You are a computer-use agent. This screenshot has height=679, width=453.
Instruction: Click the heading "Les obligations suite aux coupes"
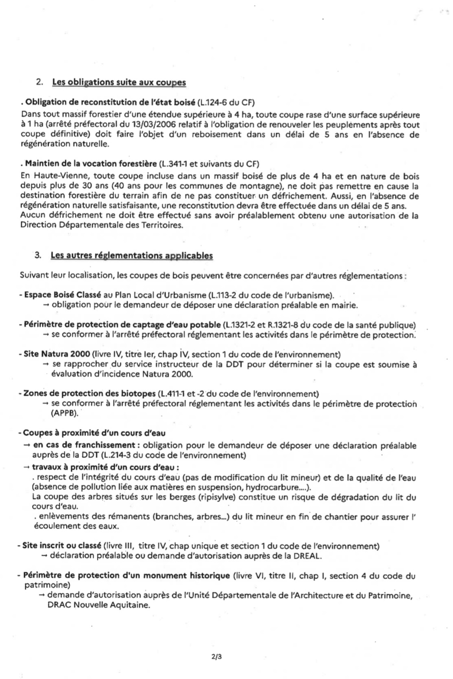119,82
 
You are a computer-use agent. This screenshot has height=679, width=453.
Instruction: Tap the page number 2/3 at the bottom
217,657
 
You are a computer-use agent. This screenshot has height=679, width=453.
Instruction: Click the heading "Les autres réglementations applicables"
131,256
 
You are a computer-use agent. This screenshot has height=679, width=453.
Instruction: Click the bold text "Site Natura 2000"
57,354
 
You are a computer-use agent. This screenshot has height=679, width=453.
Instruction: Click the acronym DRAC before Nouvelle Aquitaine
59,605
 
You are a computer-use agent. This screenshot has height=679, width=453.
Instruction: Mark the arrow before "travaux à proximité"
27,467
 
